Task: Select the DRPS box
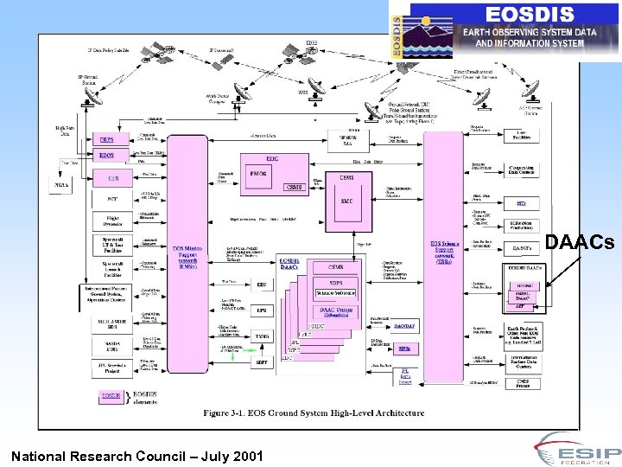pyautogui.click(x=106, y=139)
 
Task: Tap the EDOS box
pyautogui.click(x=106, y=156)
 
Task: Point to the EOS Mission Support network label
pyautogui.click(x=191, y=254)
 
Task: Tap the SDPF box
pyautogui.click(x=261, y=361)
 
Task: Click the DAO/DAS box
pyautogui.click(x=403, y=326)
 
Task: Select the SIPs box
pyautogui.click(x=403, y=349)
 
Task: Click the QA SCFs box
pyautogui.click(x=521, y=248)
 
